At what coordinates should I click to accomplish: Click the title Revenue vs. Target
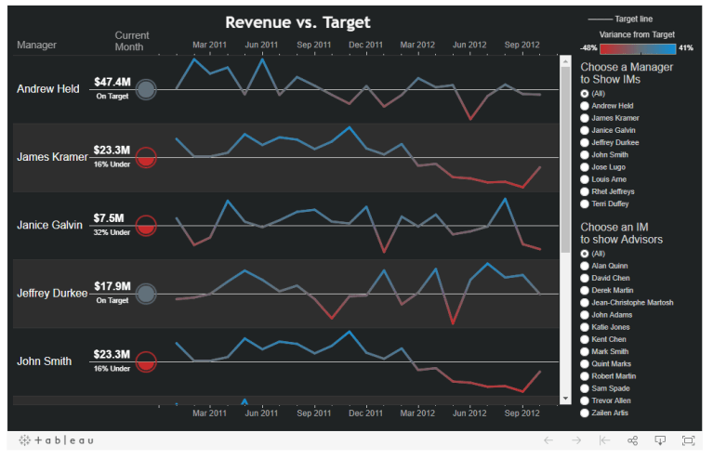[297, 22]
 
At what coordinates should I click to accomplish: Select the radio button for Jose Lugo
[585, 167]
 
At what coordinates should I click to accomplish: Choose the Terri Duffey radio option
[585, 203]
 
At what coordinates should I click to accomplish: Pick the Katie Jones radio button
[585, 327]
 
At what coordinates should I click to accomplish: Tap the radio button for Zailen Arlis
[585, 412]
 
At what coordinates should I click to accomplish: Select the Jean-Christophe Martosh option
[585, 302]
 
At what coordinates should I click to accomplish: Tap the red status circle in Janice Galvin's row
[145, 226]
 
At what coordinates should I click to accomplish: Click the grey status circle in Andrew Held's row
[145, 89]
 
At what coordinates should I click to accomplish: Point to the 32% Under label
[112, 232]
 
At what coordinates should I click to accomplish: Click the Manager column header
[36, 44]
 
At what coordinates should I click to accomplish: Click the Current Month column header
[131, 41]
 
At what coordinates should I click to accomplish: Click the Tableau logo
[57, 440]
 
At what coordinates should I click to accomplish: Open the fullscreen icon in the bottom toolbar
[688, 440]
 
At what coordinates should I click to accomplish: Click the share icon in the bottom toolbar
[632, 440]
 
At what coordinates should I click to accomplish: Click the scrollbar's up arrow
[565, 63]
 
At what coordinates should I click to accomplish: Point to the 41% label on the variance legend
[685, 47]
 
